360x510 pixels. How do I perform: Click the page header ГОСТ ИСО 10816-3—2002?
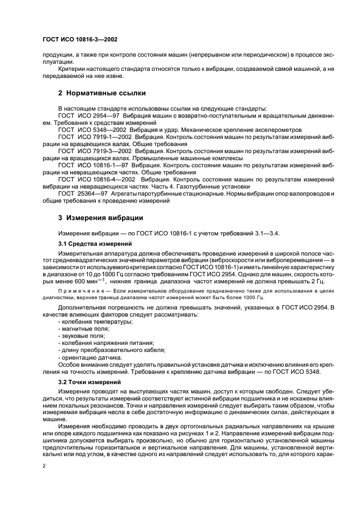80,40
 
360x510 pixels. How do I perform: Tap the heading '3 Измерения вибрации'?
100,218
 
